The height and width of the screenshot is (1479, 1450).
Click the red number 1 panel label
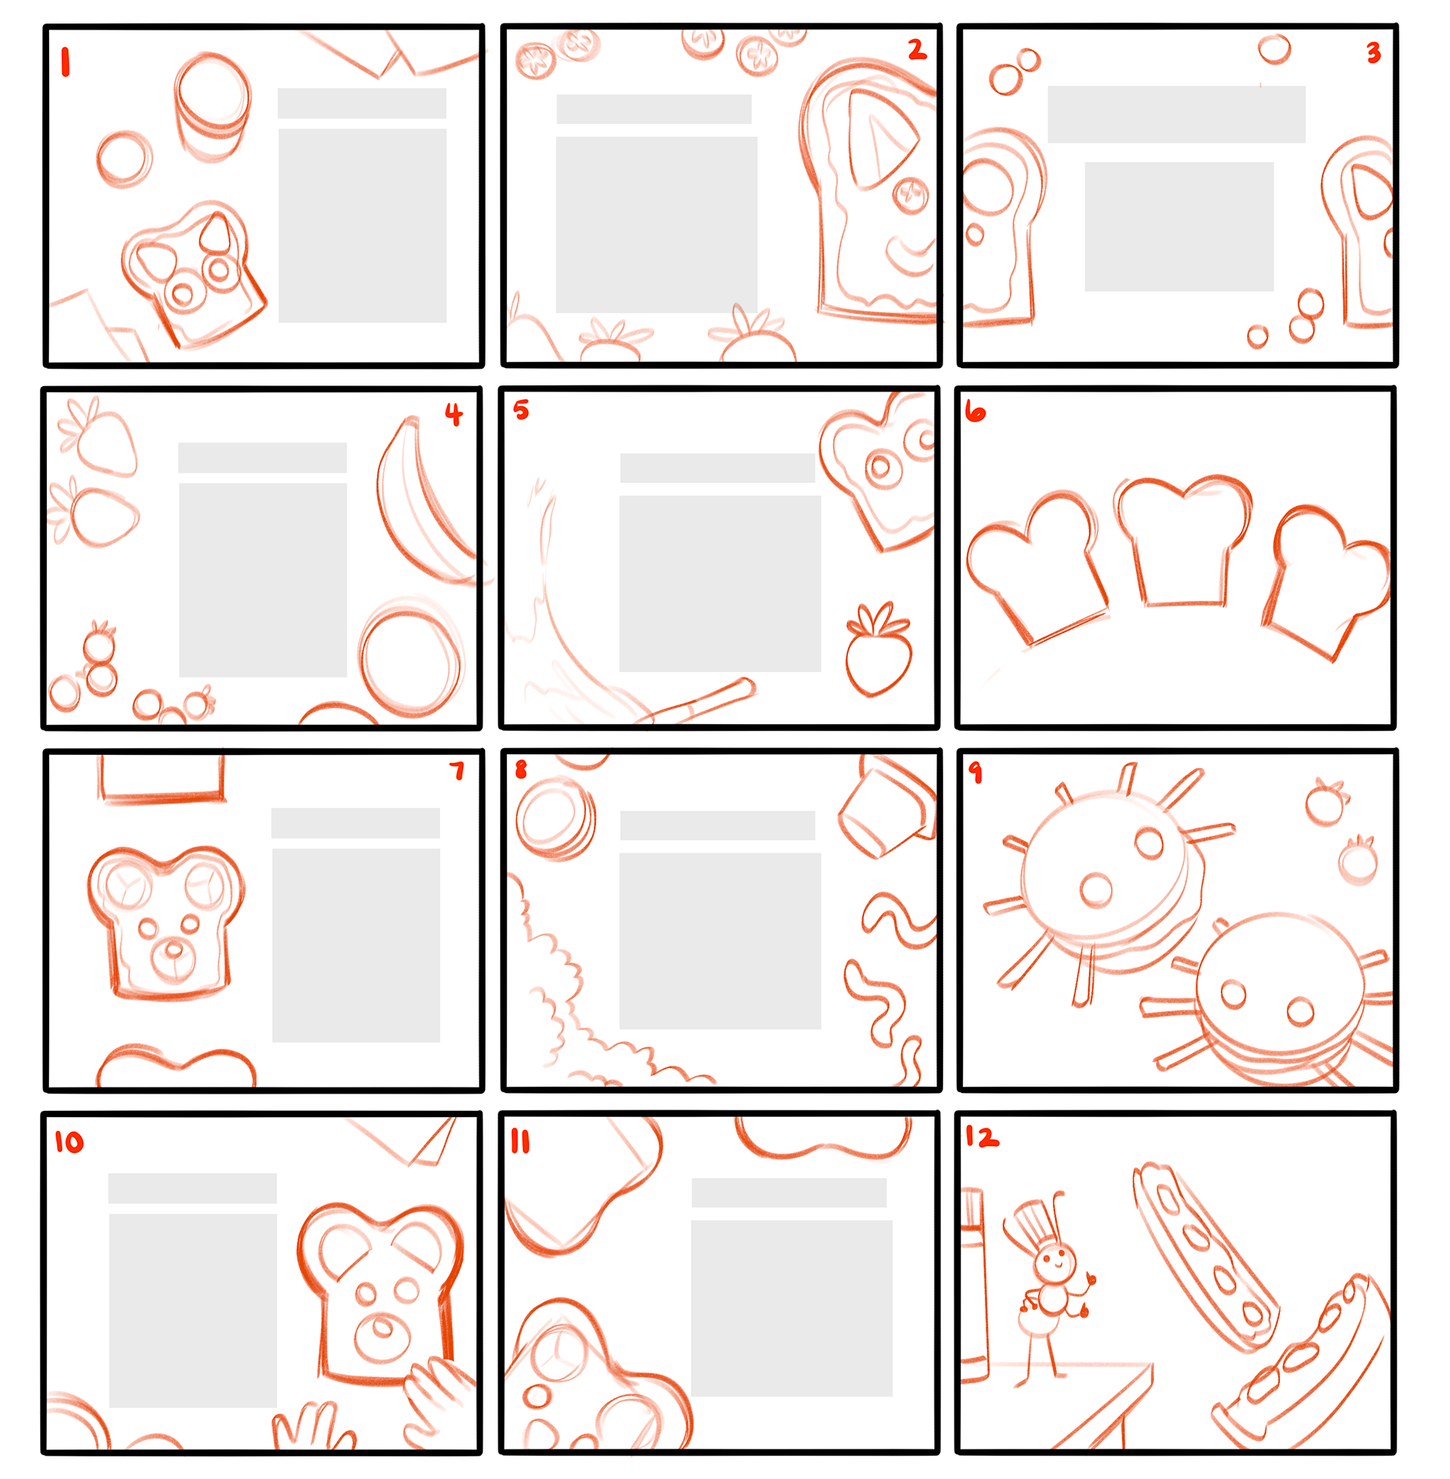(x=66, y=62)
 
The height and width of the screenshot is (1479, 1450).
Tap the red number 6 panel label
(x=975, y=412)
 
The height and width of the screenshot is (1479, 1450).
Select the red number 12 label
(x=982, y=1137)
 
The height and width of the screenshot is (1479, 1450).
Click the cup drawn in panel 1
(x=212, y=107)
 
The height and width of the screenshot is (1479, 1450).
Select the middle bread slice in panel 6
(x=1183, y=540)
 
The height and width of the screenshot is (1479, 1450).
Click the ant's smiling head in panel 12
(x=1056, y=1263)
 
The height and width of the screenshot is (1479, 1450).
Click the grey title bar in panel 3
(x=1176, y=114)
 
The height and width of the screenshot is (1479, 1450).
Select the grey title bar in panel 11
(x=789, y=1193)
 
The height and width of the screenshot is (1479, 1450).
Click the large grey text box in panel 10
(x=193, y=1310)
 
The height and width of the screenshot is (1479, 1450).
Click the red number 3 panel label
(x=1374, y=53)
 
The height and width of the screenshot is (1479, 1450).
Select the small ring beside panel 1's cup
(x=125, y=159)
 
